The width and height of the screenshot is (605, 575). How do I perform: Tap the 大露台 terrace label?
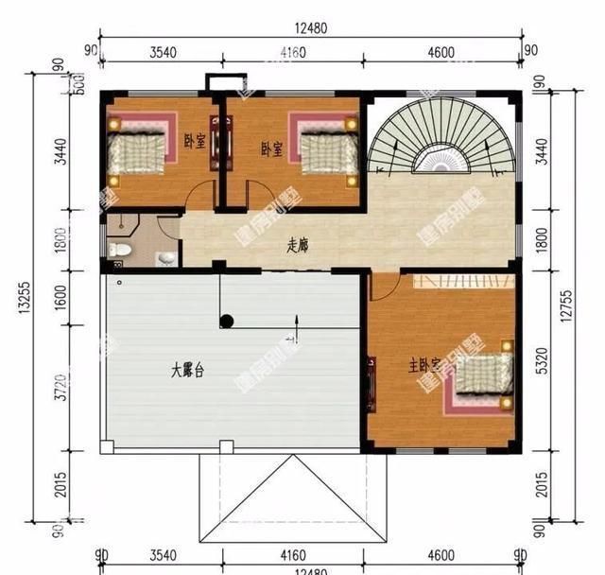pos(187,371)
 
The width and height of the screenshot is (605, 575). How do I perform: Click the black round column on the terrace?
pos(227,321)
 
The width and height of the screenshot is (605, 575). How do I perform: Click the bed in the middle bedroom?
pos(324,149)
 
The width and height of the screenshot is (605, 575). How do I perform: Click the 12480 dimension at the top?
pos(310,28)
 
